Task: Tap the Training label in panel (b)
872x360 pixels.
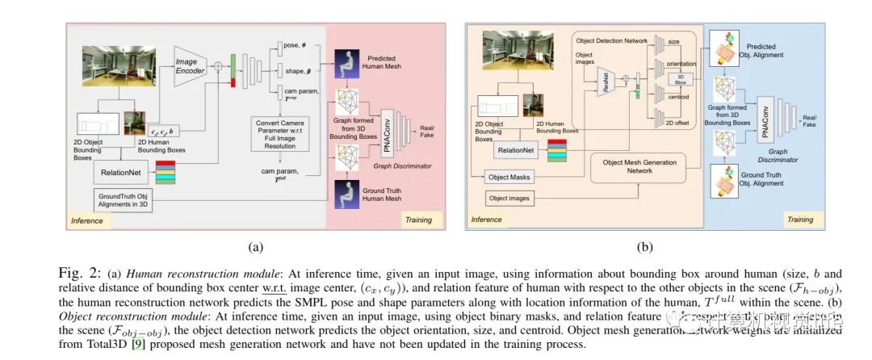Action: point(799,219)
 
